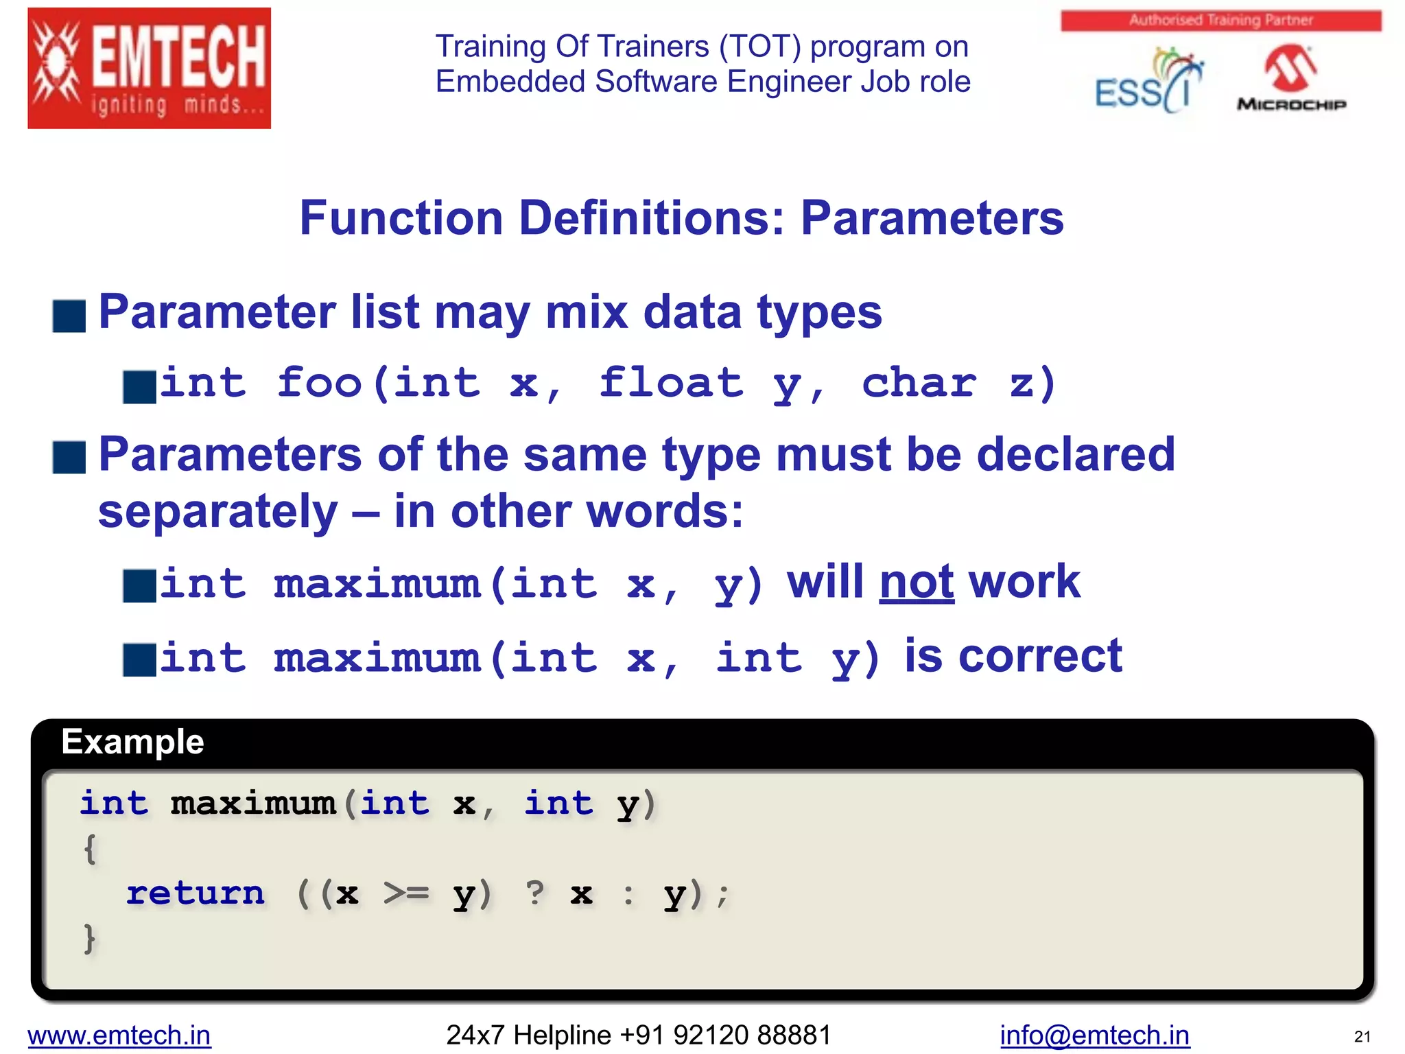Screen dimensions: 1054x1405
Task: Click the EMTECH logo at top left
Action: point(149,68)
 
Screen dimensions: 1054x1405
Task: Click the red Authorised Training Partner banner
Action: point(1220,21)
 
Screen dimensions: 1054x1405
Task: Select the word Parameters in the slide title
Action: point(932,218)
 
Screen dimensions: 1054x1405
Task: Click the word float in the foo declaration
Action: point(670,383)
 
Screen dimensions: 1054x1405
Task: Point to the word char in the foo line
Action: point(919,383)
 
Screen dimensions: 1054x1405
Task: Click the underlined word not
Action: point(917,582)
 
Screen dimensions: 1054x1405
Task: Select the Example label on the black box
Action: point(132,742)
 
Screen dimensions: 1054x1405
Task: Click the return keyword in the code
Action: point(196,893)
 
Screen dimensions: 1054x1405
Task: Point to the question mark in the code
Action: point(535,892)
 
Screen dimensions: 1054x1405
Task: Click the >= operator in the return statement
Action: point(406,893)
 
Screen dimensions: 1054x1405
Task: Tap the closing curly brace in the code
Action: point(89,938)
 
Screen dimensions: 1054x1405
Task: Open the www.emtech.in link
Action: point(119,1035)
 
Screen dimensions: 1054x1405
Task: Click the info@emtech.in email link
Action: point(1094,1035)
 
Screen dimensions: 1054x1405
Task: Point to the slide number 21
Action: point(1362,1036)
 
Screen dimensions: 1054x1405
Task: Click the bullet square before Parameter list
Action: point(69,316)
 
